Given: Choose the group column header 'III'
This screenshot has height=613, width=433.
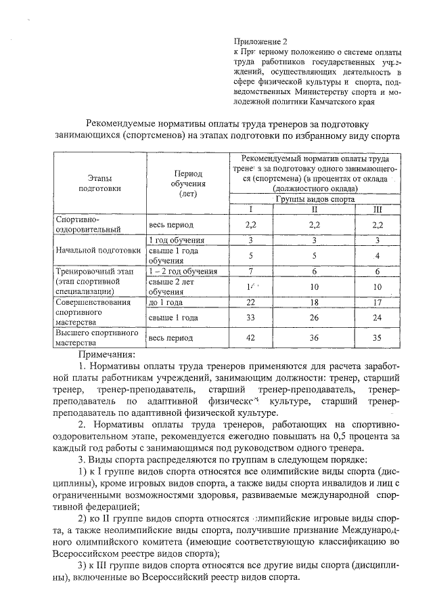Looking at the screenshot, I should tap(378, 209).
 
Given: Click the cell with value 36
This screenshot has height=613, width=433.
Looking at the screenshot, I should tap(314, 337).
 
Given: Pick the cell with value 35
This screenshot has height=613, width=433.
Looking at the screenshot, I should tap(378, 337).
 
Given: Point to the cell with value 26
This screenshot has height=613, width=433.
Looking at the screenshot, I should tap(314, 317).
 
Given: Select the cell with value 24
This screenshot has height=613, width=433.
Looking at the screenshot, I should tap(378, 317).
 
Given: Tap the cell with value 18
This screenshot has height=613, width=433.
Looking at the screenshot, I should tap(314, 303).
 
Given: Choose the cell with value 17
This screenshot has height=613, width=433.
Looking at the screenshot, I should tap(378, 303).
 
